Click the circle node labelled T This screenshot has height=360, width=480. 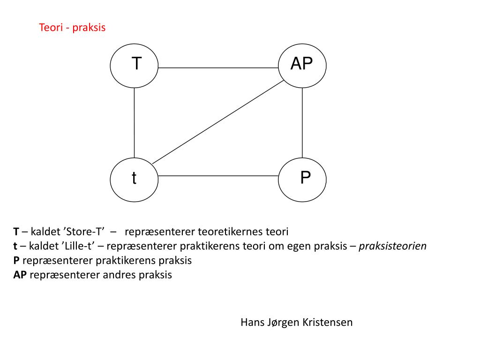click(x=134, y=65)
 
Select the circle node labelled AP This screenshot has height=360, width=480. click(x=302, y=65)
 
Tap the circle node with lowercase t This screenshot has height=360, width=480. click(x=134, y=178)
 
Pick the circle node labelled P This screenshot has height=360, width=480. click(x=302, y=178)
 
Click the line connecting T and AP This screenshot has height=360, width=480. click(x=218, y=68)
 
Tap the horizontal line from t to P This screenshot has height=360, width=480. click(x=218, y=176)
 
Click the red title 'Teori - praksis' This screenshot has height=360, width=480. click(x=72, y=28)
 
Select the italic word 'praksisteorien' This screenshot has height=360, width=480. click(x=393, y=246)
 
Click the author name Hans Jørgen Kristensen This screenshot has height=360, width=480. click(x=296, y=322)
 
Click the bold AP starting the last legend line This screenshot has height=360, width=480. click(x=20, y=275)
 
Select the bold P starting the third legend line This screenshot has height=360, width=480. click(x=16, y=261)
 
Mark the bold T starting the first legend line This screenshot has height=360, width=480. click(x=16, y=232)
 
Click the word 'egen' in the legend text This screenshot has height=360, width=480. click(x=296, y=247)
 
